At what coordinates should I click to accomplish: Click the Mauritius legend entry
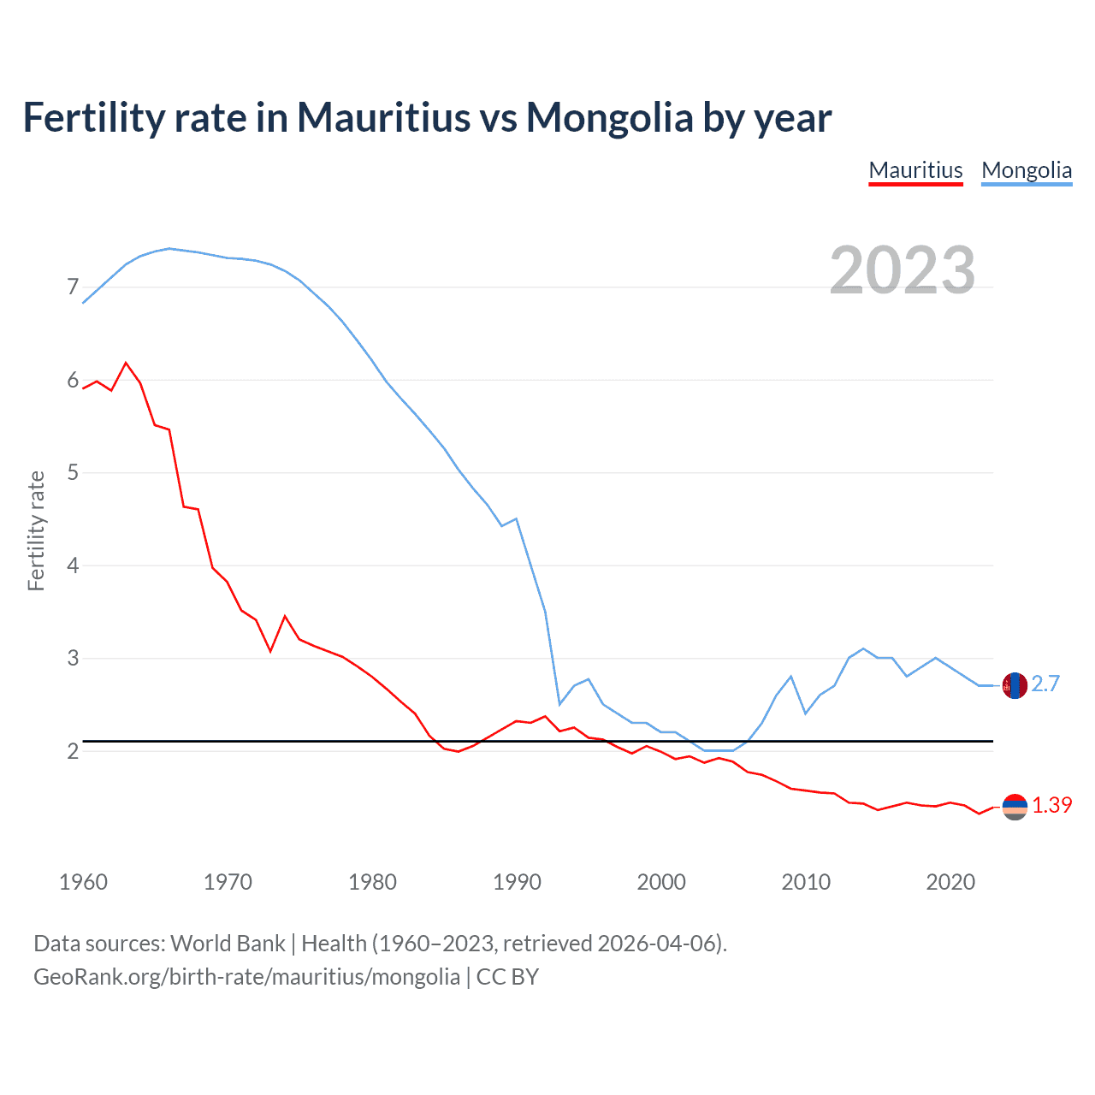(x=915, y=170)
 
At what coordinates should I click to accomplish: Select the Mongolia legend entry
(x=1027, y=170)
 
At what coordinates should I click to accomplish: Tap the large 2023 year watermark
(x=903, y=270)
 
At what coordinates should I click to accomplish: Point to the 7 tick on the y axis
(x=73, y=287)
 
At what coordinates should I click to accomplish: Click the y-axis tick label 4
(x=73, y=565)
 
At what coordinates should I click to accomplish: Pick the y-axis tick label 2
(x=73, y=751)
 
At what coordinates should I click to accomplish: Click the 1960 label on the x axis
(x=83, y=882)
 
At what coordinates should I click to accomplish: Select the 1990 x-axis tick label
(x=517, y=882)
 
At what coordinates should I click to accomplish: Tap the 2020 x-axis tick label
(x=950, y=882)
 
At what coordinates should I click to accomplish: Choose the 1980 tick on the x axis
(x=372, y=882)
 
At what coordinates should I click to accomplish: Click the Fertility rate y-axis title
(x=36, y=530)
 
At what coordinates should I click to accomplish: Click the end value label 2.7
(x=1045, y=684)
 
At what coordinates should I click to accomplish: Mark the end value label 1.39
(x=1051, y=805)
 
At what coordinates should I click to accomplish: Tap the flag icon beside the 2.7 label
(x=1015, y=685)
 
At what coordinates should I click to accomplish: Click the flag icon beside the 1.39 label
(x=1015, y=807)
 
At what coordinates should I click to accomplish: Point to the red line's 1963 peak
(x=127, y=363)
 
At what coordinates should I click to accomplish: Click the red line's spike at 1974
(x=285, y=616)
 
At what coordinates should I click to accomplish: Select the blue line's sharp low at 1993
(x=559, y=704)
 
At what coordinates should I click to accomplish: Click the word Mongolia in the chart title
(x=609, y=117)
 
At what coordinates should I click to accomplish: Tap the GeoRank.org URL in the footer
(x=246, y=976)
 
